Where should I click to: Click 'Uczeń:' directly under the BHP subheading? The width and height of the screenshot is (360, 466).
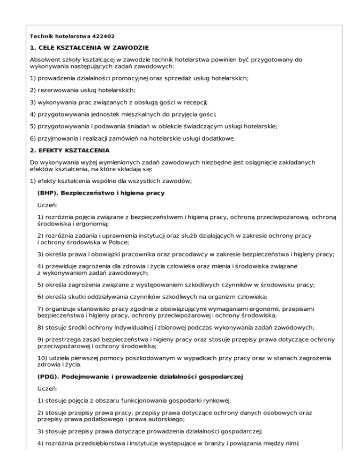click(x=47, y=205)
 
